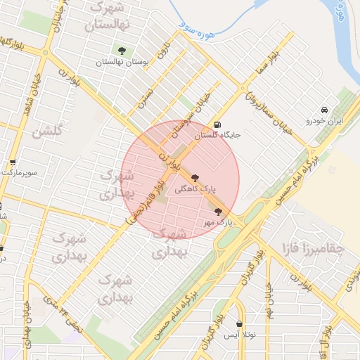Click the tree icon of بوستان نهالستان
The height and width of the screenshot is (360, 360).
pyautogui.click(x=123, y=51)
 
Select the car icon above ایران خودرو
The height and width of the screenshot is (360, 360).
pyautogui.click(x=323, y=110)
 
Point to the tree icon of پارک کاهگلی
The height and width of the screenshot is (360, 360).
pyautogui.click(x=195, y=179)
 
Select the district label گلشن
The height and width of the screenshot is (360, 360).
pyautogui.click(x=48, y=130)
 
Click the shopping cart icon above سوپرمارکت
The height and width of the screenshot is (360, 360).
pyautogui.click(x=13, y=162)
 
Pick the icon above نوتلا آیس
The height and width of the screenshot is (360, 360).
pyautogui.click(x=241, y=324)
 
